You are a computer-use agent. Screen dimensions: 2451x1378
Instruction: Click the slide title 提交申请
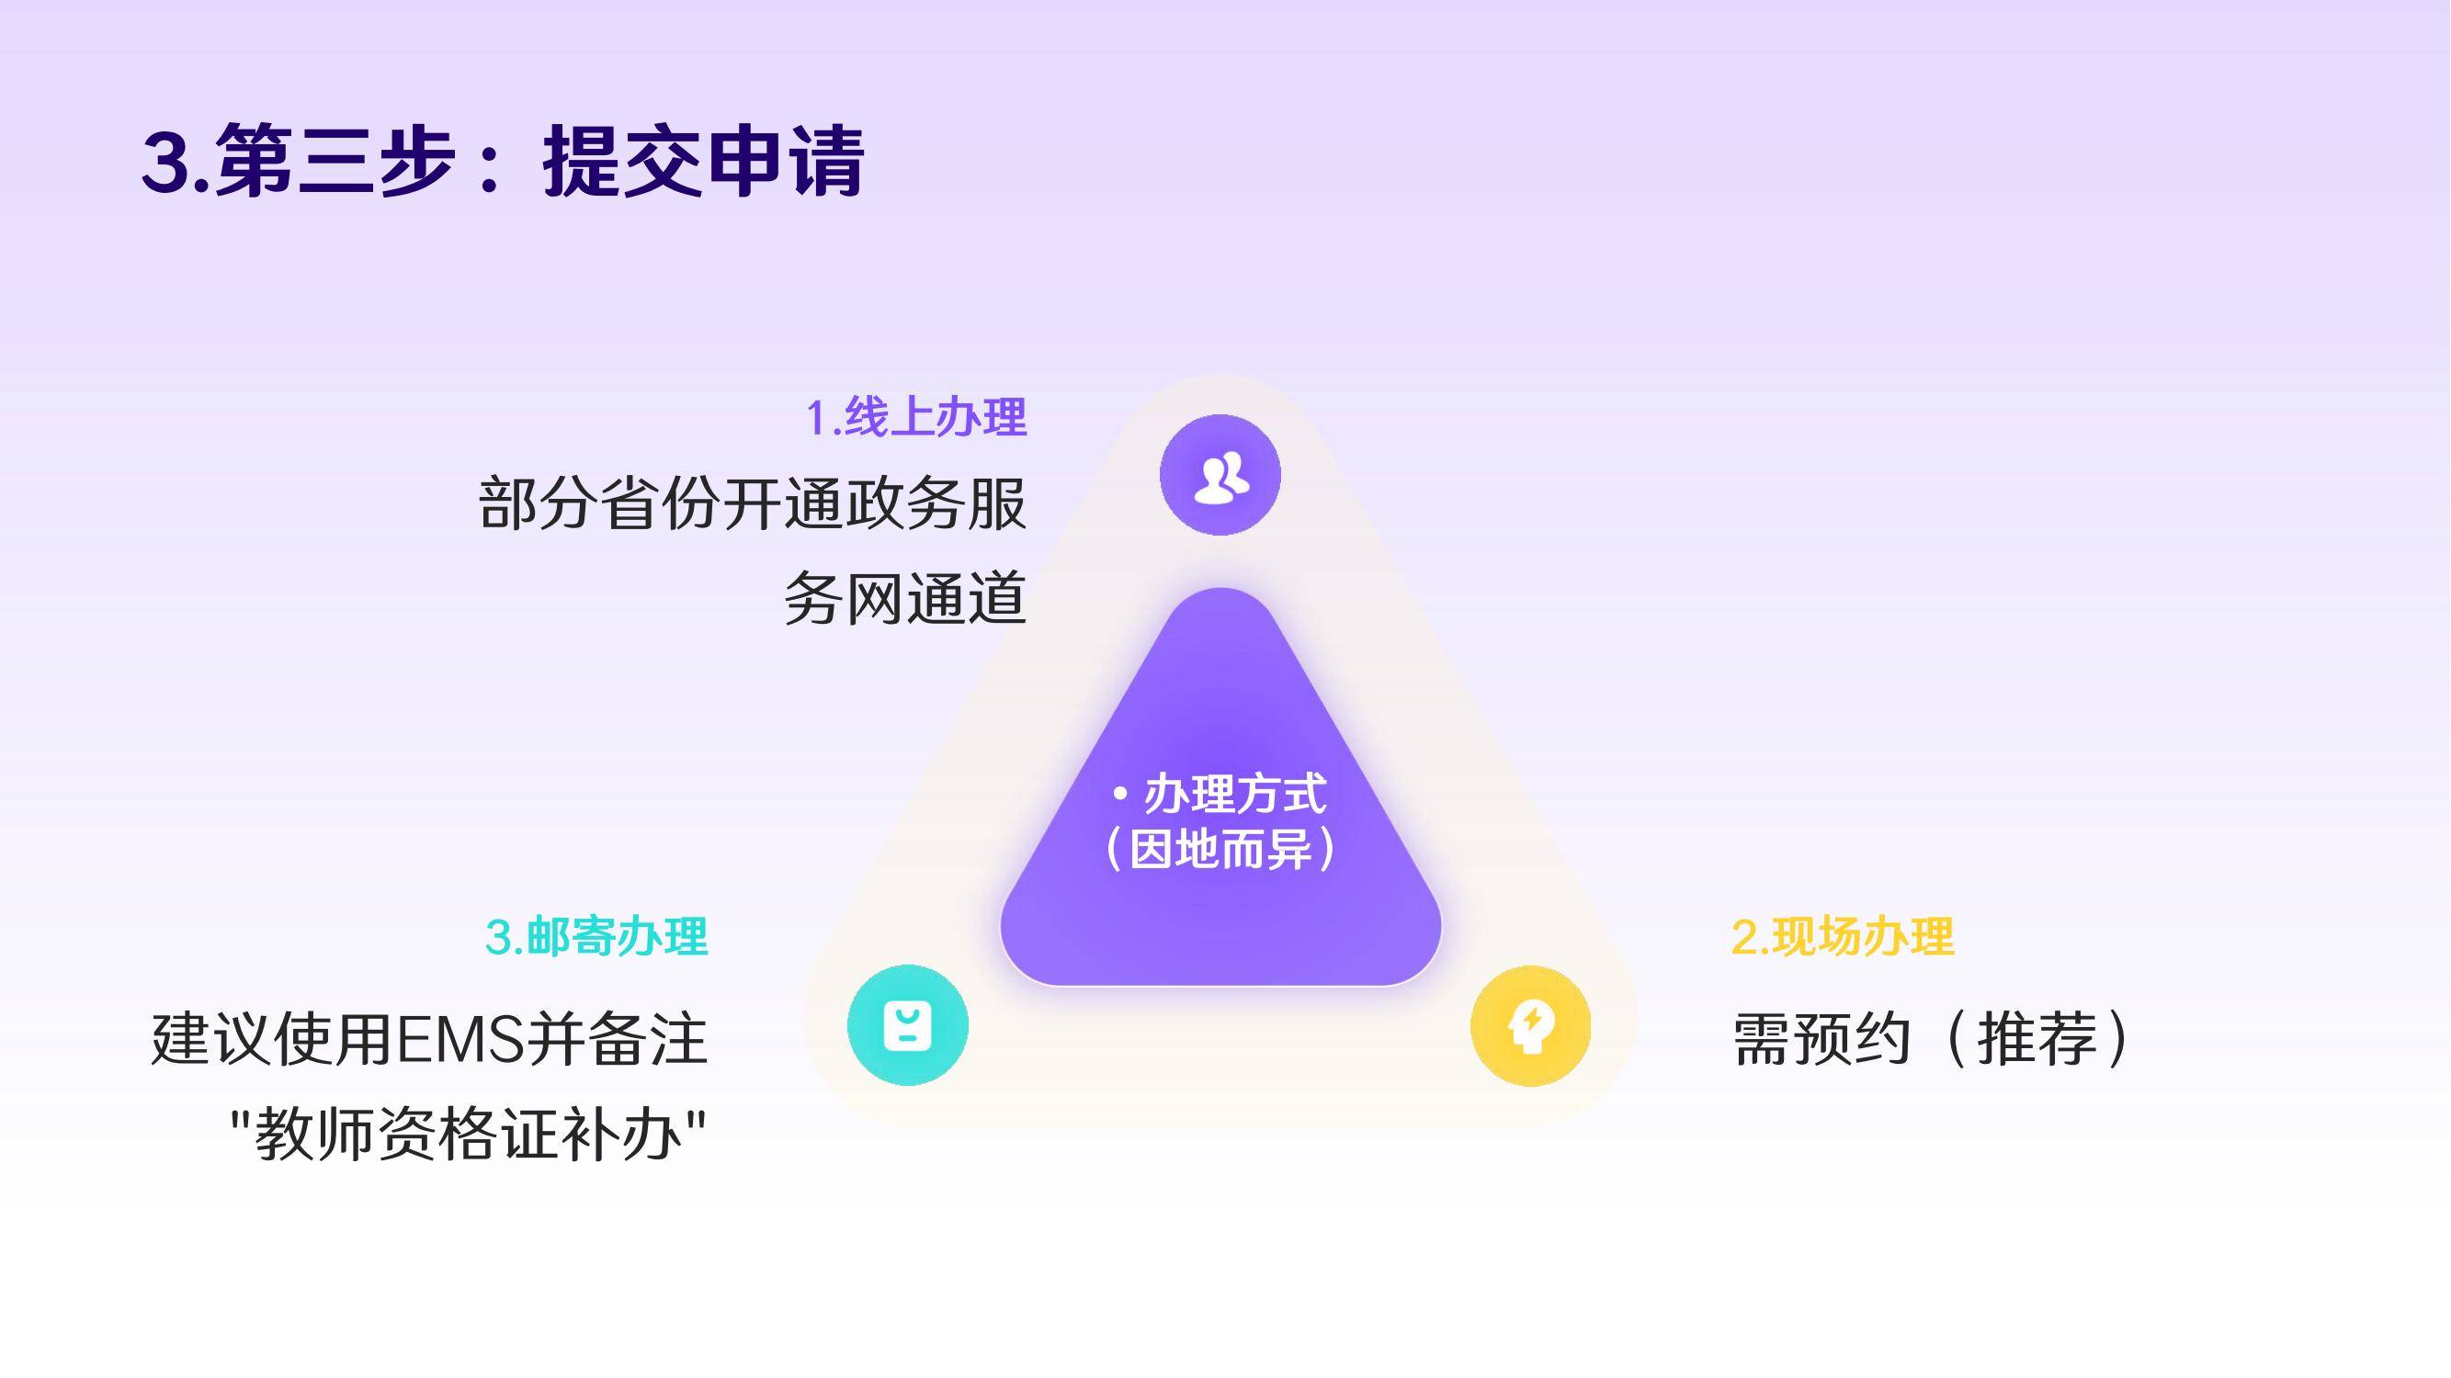pos(704,162)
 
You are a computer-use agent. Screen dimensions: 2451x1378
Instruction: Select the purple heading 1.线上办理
pos(916,417)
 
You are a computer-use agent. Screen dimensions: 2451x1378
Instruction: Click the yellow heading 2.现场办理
pos(1842,937)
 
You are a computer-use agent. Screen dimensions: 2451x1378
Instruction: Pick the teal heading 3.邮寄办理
pos(596,937)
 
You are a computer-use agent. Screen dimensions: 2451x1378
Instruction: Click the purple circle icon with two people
pos(1220,475)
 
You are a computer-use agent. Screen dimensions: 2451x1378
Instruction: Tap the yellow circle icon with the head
pos(1530,1025)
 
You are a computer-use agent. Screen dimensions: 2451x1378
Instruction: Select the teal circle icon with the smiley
pos(908,1025)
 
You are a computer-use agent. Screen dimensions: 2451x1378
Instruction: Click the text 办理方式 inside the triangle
pos(1235,794)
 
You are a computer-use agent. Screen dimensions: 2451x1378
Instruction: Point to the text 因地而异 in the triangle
pos(1220,849)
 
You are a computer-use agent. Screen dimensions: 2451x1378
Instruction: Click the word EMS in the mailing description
pos(460,1039)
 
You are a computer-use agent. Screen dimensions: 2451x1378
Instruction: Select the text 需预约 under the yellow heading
pos(1822,1039)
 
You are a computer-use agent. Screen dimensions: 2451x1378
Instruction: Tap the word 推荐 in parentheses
pos(2037,1039)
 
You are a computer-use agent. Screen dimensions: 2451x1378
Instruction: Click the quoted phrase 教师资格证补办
pos(468,1135)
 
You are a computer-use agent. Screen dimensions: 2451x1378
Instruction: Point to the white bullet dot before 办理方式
pos(1120,793)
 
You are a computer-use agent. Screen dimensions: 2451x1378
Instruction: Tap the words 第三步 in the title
pos(335,162)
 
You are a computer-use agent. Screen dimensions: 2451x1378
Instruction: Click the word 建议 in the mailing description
pos(212,1039)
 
